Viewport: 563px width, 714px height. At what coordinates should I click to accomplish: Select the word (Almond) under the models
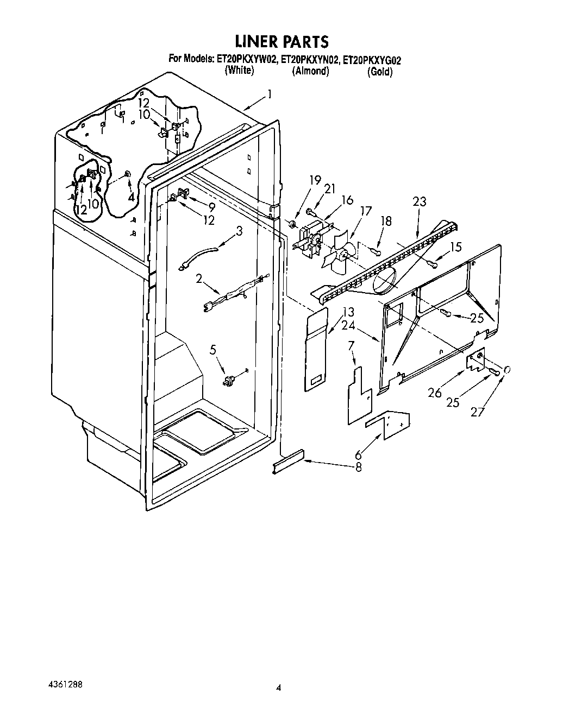coord(310,71)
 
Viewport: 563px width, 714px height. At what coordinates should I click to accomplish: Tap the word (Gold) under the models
coord(379,72)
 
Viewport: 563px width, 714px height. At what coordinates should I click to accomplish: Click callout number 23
coord(419,202)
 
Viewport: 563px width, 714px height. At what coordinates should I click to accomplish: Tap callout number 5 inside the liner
coord(213,350)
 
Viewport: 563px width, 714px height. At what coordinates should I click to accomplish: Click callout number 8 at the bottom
coord(358,466)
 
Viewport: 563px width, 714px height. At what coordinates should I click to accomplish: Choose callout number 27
coord(477,412)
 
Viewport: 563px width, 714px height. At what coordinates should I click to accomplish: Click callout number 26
coord(435,392)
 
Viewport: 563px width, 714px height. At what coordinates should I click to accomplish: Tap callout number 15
coord(455,247)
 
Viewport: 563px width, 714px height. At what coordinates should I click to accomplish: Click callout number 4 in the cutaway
coord(131,198)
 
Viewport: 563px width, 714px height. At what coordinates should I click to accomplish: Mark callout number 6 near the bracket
coord(358,455)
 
